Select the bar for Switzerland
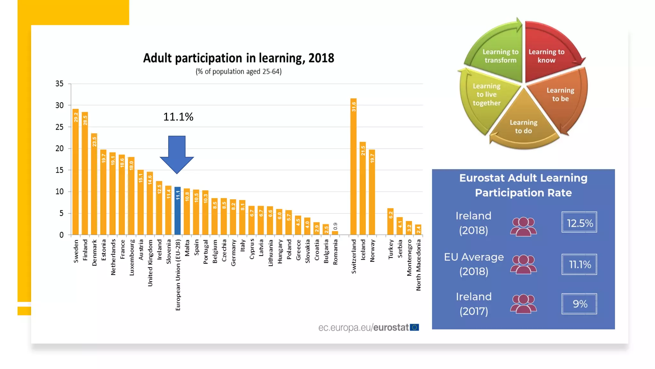[353, 167]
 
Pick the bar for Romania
[335, 233]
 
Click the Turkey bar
[391, 222]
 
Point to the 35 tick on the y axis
[59, 84]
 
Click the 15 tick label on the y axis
[59, 170]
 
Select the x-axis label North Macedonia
[418, 265]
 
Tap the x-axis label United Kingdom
[150, 263]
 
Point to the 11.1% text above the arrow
[178, 117]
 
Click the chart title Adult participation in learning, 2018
[239, 58]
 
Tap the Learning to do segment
[524, 125]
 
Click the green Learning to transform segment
[499, 54]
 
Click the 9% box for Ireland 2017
[579, 304]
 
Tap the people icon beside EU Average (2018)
[523, 264]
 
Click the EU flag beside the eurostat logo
[414, 327]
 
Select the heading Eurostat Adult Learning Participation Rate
[523, 185]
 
